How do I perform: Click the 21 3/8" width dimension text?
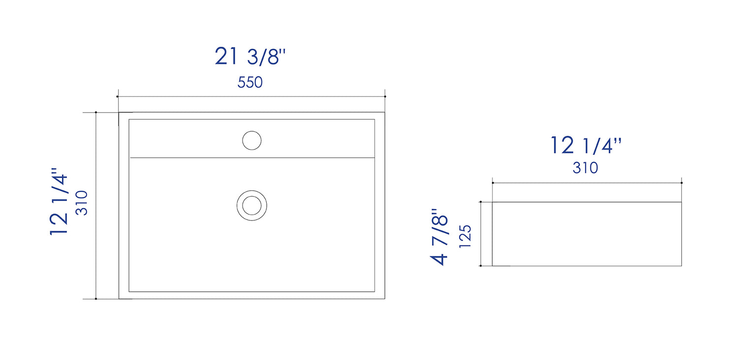250,57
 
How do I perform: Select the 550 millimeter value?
250,82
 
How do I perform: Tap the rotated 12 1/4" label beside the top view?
59,204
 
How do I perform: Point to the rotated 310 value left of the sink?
81,203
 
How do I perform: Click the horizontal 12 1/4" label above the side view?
585,146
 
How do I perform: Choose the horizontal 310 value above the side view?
585,168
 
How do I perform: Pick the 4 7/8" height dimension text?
440,237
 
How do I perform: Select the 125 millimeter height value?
465,237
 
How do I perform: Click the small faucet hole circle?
251,141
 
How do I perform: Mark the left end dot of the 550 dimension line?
118,96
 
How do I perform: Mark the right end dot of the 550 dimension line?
385,96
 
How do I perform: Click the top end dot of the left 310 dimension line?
96,113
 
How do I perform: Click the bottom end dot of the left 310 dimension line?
96,299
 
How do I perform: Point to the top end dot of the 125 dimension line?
480,202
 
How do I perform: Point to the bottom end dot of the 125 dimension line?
480,266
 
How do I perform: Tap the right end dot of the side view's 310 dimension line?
681,183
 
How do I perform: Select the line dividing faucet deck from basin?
251,158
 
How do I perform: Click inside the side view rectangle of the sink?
586,234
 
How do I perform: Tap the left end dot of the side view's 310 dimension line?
492,183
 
